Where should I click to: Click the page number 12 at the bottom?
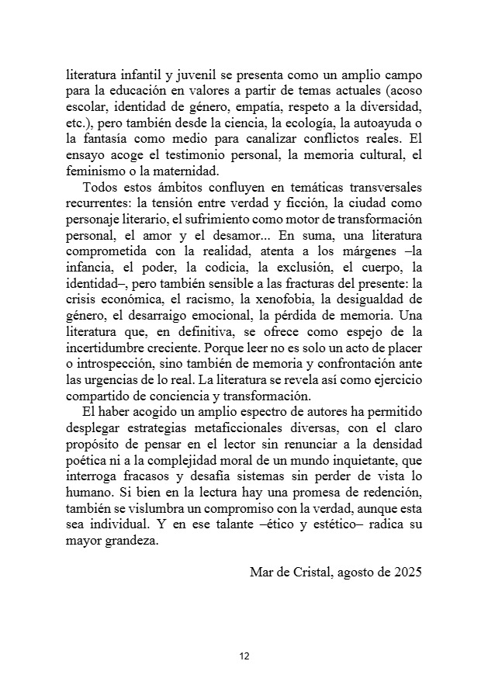click(x=244, y=656)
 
